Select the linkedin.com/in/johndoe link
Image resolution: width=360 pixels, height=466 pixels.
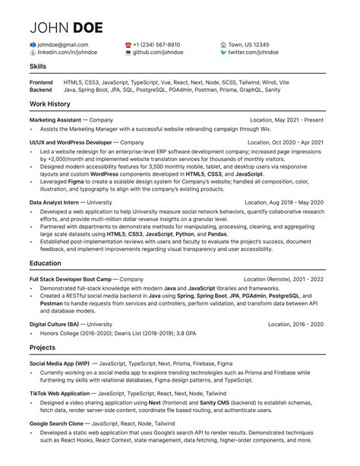coord(65,54)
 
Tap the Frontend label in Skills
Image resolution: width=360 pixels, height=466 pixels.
coord(41,81)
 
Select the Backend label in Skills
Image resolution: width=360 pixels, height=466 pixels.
coord(41,90)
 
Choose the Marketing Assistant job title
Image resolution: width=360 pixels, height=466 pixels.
coord(55,120)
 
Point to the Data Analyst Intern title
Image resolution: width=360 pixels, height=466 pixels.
coord(55,203)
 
